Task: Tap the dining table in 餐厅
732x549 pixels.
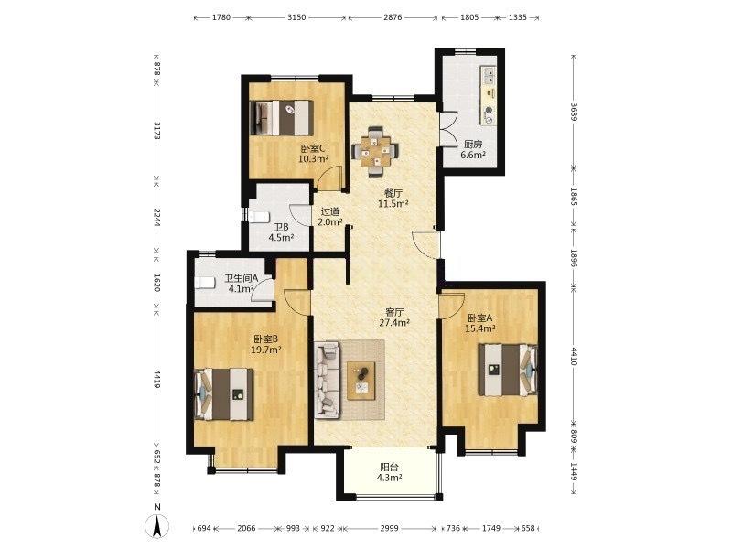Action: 376,151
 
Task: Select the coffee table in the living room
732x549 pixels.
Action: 361,381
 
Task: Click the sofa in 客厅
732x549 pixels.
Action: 327,380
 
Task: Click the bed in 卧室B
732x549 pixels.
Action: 224,394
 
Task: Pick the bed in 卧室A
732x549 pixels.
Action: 508,370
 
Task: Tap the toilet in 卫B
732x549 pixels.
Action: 259,217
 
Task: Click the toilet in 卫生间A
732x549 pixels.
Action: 204,283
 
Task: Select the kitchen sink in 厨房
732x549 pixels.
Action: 490,75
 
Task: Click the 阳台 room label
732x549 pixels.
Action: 389,467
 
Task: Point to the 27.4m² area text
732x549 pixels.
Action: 394,322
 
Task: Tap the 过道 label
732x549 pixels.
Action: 330,211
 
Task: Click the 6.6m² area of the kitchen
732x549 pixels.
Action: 473,155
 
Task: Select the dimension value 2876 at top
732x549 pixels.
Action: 393,17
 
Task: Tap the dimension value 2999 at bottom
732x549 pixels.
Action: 390,528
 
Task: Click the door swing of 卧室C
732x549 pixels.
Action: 330,176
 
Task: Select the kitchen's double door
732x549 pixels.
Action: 449,129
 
